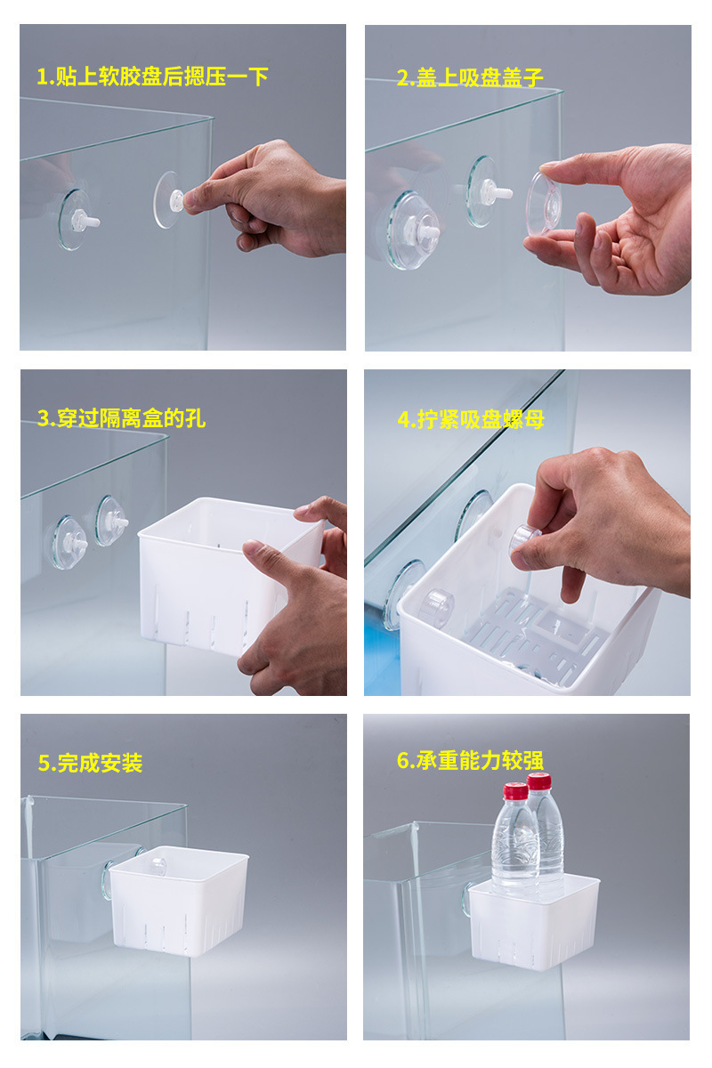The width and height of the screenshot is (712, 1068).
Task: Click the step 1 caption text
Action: click(x=152, y=77)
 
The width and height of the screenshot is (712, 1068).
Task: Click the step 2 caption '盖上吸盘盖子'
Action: click(x=469, y=77)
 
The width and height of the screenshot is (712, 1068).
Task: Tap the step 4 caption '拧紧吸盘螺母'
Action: click(x=471, y=418)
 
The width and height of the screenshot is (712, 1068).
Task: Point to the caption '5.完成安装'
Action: click(x=90, y=763)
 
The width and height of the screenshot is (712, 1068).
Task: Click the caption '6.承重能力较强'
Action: click(x=469, y=760)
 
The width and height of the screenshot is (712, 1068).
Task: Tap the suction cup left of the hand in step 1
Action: click(x=76, y=219)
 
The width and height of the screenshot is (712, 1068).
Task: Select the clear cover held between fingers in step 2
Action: click(x=543, y=204)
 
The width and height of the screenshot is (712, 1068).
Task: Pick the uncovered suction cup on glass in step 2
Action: click(x=483, y=190)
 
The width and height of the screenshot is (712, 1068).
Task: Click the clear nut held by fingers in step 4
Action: click(x=525, y=538)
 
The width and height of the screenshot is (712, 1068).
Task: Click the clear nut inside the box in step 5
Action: click(x=158, y=862)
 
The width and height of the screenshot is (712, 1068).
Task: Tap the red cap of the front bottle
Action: click(x=515, y=792)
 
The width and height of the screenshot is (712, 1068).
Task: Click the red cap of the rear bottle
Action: click(x=538, y=781)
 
